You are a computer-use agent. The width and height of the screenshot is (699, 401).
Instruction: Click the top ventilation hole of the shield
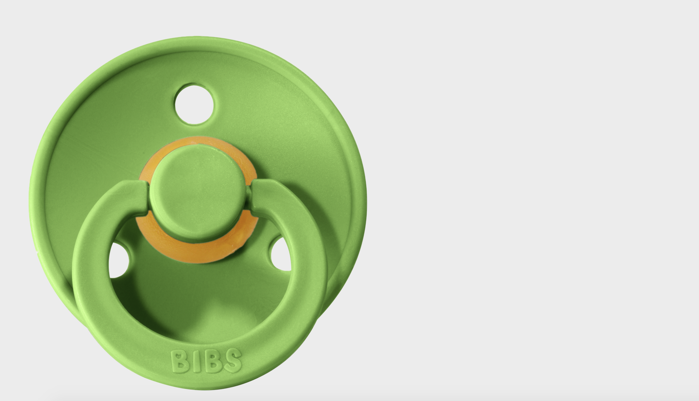[x=194, y=104]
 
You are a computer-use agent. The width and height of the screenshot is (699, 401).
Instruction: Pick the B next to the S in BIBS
[x=213, y=361]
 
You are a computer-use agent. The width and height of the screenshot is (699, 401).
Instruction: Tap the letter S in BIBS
[x=233, y=360]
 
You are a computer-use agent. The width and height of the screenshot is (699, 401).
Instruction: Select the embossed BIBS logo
[x=206, y=361]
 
